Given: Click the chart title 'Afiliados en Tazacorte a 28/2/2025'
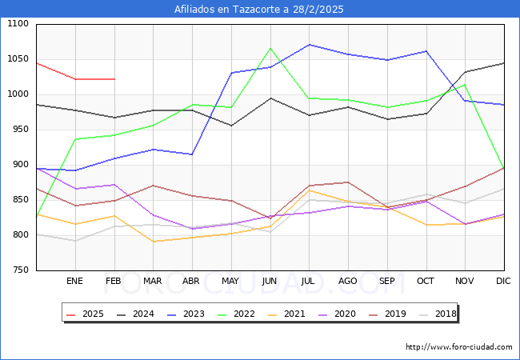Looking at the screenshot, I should pyautogui.click(x=259, y=10).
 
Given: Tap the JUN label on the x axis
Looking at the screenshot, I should pyautogui.click(x=270, y=282).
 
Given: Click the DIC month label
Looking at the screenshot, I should pyautogui.click(x=503, y=282).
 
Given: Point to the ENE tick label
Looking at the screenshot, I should pyautogui.click(x=74, y=282).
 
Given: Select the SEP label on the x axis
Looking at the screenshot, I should pyautogui.click(x=386, y=282).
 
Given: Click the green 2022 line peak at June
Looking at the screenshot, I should pyautogui.click(x=270, y=49).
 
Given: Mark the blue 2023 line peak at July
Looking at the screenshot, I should pyautogui.click(x=309, y=45).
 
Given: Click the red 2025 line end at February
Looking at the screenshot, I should pyautogui.click(x=114, y=79).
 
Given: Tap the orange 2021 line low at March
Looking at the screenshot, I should pyautogui.click(x=153, y=242).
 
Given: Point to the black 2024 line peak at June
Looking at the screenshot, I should pyautogui.click(x=270, y=98).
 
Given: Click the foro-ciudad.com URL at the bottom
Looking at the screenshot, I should pyautogui.click(x=458, y=347).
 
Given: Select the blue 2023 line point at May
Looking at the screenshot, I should pyautogui.click(x=231, y=73).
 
